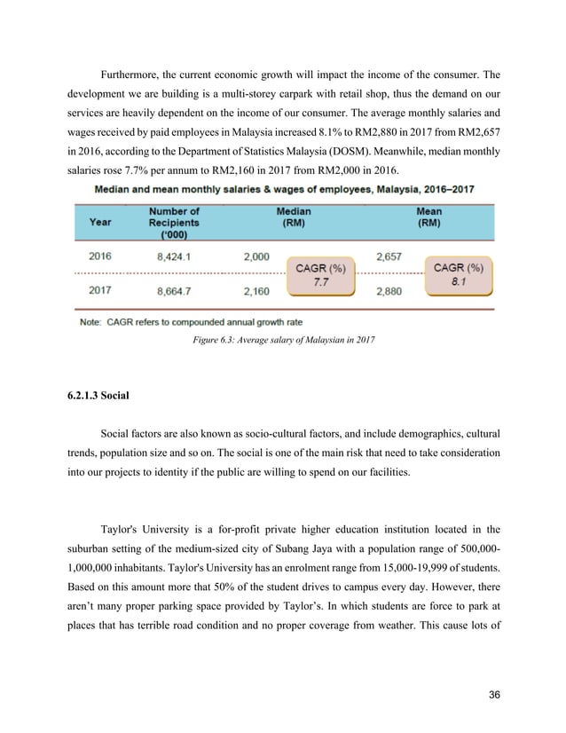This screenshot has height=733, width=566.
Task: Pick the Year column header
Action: pos(100,224)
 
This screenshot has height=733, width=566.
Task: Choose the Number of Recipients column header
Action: pos(174,224)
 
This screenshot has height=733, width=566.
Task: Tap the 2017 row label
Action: pos(100,289)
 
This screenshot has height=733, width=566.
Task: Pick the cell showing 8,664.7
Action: pos(174,289)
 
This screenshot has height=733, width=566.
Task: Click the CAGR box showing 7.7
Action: pos(319,273)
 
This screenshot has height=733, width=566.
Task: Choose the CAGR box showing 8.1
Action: pos(458,273)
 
